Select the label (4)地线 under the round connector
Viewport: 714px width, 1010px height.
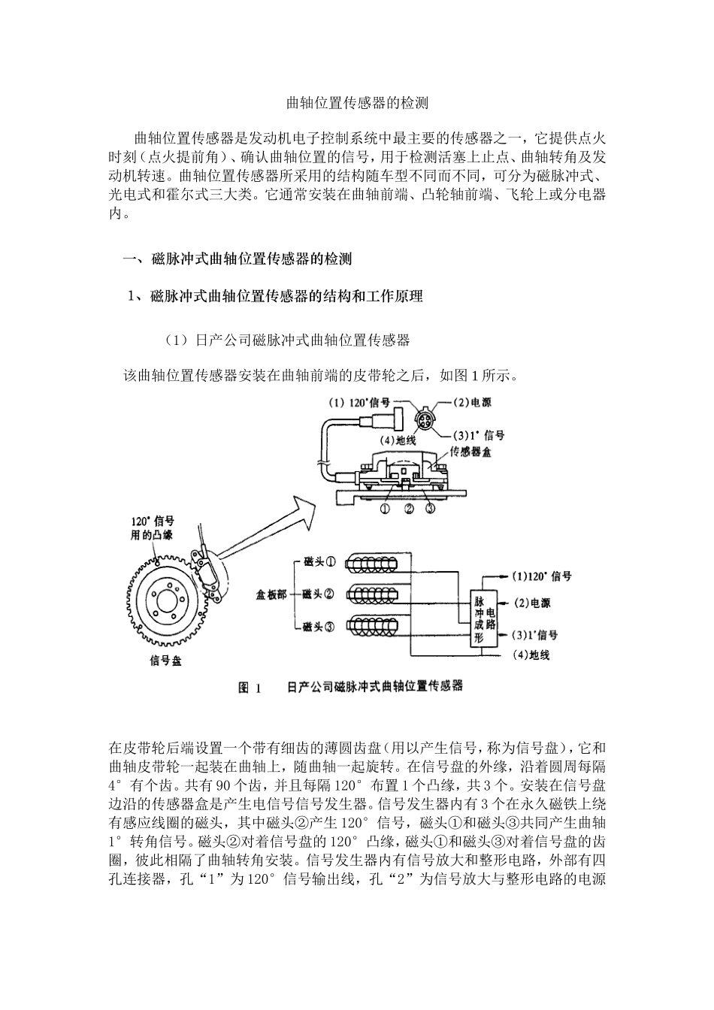point(397,440)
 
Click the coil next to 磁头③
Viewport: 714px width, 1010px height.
point(377,625)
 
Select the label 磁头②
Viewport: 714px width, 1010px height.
point(318,594)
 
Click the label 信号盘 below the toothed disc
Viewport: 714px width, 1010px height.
point(165,662)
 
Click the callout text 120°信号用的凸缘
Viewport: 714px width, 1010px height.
point(152,528)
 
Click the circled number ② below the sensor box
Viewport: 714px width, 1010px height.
point(409,509)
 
